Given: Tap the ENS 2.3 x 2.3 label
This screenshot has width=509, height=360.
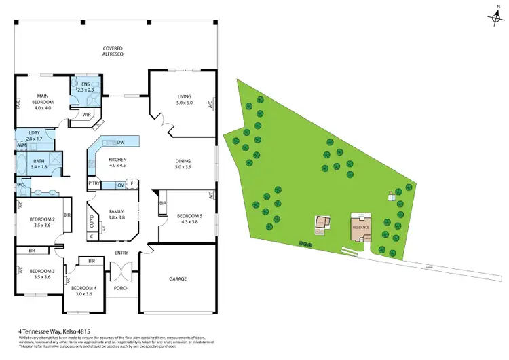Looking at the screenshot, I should [x=86, y=87].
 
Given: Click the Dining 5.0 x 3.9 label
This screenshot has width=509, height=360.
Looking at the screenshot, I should [x=183, y=164].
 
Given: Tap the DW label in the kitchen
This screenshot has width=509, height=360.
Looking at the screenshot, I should [x=120, y=142].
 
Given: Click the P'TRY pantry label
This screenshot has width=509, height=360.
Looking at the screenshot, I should [x=94, y=184].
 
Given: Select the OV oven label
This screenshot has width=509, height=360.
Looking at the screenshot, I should [x=120, y=185].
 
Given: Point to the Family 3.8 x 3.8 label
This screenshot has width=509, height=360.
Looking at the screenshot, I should [x=117, y=215].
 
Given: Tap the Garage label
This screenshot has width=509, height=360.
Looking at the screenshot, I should [x=178, y=278].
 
